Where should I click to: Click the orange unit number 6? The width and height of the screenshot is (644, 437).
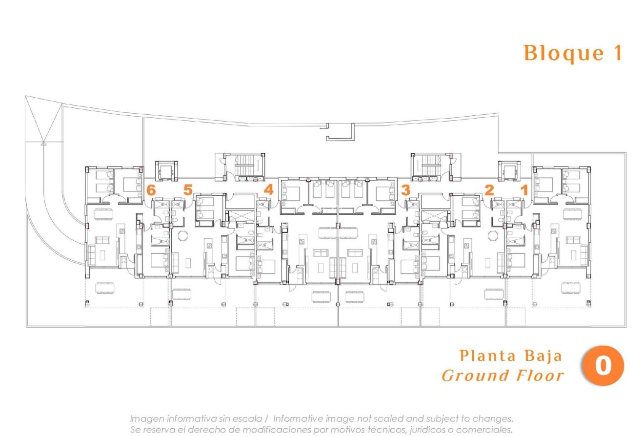[151, 190]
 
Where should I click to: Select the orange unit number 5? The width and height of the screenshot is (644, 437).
[188, 190]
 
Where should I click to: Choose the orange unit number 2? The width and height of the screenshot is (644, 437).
[489, 190]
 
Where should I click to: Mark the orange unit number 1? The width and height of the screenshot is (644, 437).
[524, 190]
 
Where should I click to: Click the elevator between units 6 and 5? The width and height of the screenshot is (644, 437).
[163, 171]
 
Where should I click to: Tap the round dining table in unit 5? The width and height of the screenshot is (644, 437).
[182, 236]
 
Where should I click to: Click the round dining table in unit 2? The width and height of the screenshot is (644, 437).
[493, 236]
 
